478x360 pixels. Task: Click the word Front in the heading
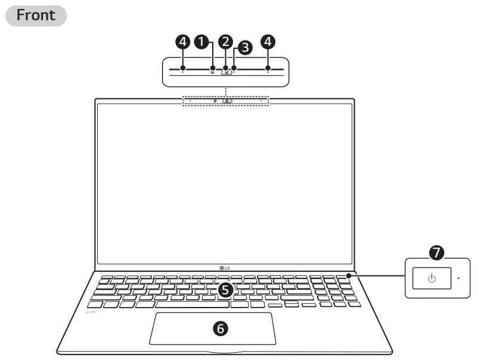(36, 15)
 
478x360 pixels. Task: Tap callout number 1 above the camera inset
(203, 41)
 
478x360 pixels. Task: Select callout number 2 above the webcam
(225, 41)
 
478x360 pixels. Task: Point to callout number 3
(244, 48)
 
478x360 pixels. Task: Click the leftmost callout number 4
(183, 41)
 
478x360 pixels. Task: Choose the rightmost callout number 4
(269, 41)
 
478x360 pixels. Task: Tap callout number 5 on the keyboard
(225, 290)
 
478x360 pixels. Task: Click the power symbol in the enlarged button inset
(432, 278)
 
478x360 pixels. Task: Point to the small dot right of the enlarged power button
(458, 278)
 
